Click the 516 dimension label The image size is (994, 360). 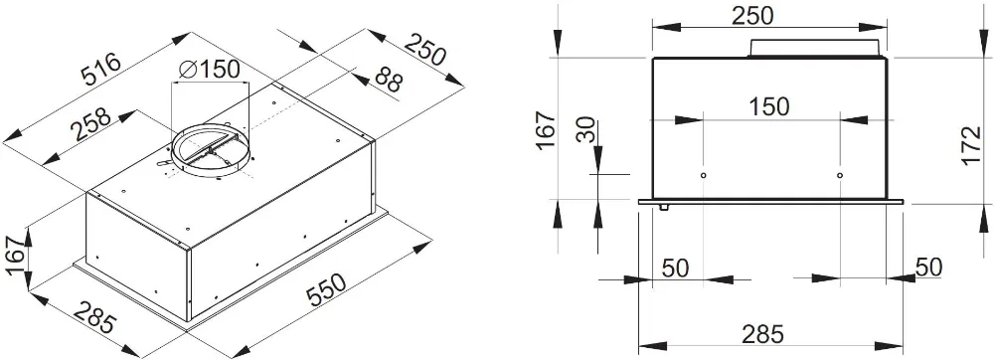(101, 73)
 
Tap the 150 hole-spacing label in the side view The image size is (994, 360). (769, 106)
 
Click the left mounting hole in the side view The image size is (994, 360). (703, 176)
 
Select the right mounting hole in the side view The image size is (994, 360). (840, 176)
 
